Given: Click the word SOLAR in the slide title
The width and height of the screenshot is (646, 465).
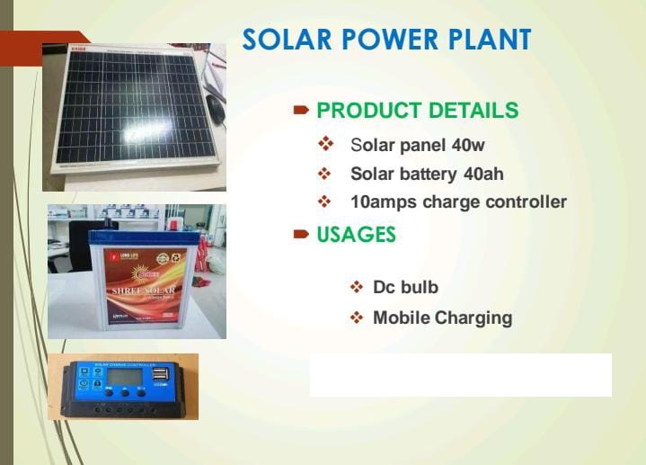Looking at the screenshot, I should tap(283, 40).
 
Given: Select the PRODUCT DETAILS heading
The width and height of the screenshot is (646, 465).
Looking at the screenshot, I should tap(417, 111).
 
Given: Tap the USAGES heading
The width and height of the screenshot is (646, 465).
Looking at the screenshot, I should tap(356, 235).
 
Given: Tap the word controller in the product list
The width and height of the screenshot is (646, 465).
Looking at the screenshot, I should tap(526, 201).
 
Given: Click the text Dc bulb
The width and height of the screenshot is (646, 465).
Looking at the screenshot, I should tap(405, 288).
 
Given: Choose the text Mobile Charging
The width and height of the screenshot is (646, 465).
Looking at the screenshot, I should tap(442, 317).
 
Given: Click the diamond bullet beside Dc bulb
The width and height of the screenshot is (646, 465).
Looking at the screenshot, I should tap(356, 288).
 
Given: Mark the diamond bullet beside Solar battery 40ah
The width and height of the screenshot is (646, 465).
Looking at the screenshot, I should tap(325, 174).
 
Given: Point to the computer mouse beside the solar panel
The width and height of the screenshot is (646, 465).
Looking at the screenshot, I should tap(215, 110).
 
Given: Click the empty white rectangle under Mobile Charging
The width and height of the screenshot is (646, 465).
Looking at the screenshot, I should tap(460, 375).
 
